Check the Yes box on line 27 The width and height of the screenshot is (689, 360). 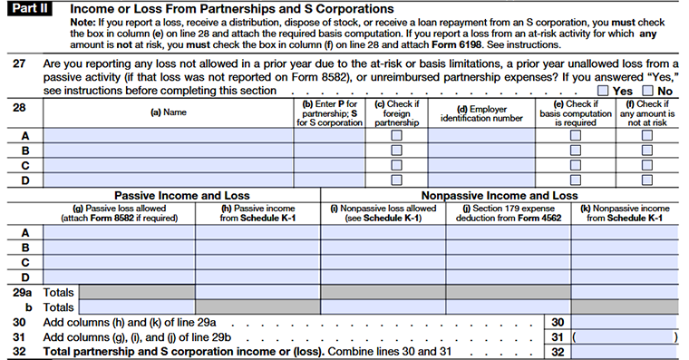pyautogui.click(x=604, y=91)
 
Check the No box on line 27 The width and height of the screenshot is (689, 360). pyautogui.click(x=647, y=91)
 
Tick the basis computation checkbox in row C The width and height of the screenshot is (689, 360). pyautogui.click(x=575, y=165)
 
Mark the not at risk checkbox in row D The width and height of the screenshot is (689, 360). pyautogui.click(x=647, y=180)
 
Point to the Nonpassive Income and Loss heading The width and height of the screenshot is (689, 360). pyautogui.click(x=499, y=195)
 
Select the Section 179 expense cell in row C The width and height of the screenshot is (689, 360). pyautogui.click(x=509, y=262)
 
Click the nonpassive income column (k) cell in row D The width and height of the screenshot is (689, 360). pyautogui.click(x=626, y=277)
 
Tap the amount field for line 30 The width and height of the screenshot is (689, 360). pyautogui.click(x=626, y=322)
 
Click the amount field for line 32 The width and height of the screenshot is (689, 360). pyautogui.click(x=626, y=351)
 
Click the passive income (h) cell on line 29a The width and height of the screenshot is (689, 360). pyautogui.click(x=257, y=292)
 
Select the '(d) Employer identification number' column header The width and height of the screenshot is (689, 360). pyautogui.click(x=481, y=113)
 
